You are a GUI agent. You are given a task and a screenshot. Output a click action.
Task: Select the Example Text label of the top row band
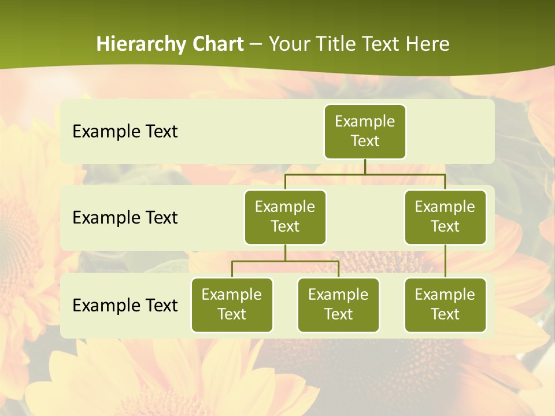point(125,132)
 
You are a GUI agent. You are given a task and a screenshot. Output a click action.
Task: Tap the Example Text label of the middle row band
point(125,218)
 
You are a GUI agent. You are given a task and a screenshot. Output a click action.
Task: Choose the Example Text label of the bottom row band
point(125,305)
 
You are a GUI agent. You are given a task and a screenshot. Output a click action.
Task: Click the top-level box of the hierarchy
point(365,132)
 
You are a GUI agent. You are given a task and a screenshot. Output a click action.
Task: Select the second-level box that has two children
point(285,217)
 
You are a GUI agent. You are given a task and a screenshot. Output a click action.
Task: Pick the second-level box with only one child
point(445,217)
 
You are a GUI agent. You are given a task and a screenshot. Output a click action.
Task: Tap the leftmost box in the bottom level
point(232,305)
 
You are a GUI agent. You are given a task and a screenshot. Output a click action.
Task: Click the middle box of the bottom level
point(338,305)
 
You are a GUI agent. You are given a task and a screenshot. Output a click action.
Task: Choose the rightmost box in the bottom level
point(445,305)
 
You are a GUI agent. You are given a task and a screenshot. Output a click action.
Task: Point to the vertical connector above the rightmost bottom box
point(445,261)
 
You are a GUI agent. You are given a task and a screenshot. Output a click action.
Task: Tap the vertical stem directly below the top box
point(365,166)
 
